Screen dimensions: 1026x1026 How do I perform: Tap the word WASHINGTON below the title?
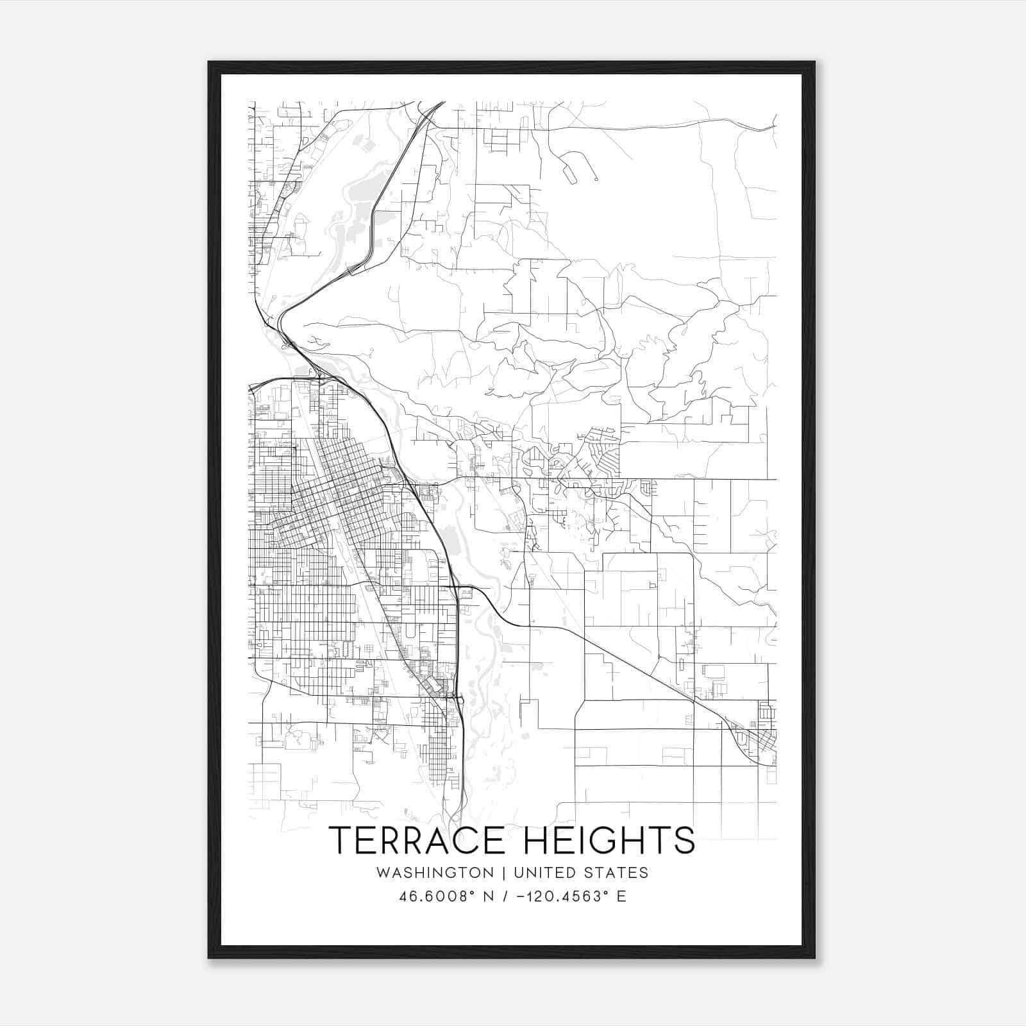tap(435, 873)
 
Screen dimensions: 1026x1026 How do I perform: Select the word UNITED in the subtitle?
tap(554, 873)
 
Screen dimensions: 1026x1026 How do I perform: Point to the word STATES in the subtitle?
tap(622, 873)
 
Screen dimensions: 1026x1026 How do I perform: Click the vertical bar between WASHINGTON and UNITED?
tap(503, 873)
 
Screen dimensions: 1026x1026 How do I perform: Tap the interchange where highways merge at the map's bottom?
tap(455, 814)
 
